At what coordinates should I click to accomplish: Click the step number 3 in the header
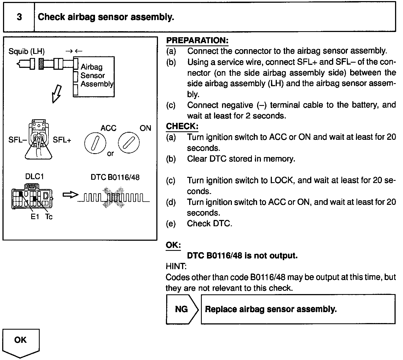coord(19,17)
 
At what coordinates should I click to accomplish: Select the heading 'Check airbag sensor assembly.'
coord(106,17)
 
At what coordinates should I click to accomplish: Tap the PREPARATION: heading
coord(197,40)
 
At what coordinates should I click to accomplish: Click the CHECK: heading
coord(182,126)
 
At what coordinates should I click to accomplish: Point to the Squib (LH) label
coord(27,51)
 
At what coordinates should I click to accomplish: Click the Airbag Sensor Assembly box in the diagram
coord(94,77)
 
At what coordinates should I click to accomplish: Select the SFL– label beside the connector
coord(18,140)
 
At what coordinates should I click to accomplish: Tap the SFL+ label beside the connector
coord(62,140)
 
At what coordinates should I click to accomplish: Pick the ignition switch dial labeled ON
coord(129,142)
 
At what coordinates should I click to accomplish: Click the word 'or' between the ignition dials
coord(110,153)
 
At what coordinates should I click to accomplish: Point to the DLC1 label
coord(34,177)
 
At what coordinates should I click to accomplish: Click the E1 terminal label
coord(35,217)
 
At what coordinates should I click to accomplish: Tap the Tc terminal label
coord(49,217)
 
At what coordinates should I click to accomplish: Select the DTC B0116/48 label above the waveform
coord(115,177)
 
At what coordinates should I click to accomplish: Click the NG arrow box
coord(182,309)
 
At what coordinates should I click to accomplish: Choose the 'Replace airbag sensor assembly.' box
coord(298,309)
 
